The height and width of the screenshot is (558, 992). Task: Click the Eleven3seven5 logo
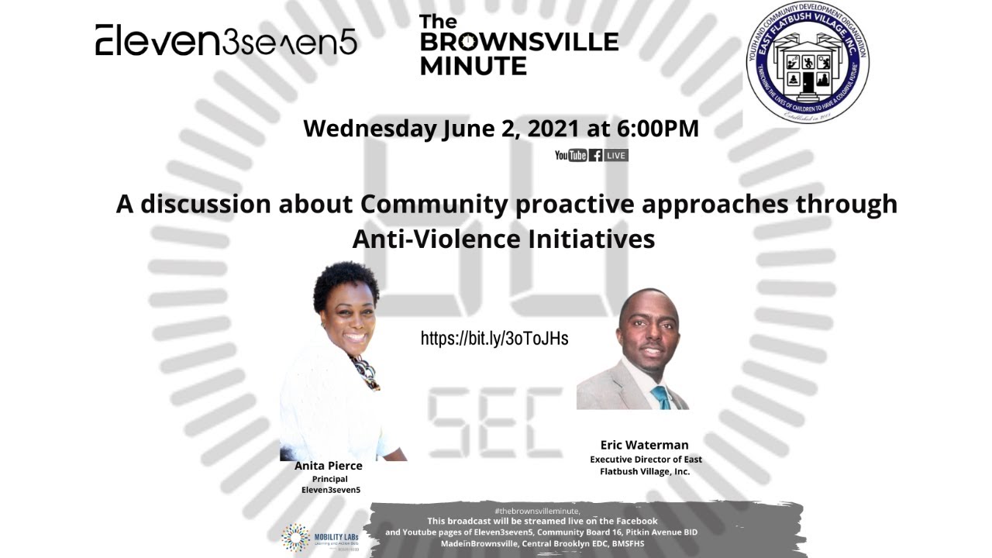tap(226, 40)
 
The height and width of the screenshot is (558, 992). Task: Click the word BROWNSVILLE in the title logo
tap(518, 43)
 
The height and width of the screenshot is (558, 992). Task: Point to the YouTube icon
tap(570, 155)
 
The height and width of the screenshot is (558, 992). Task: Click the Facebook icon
tap(595, 155)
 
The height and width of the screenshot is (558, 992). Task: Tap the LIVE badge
tap(616, 155)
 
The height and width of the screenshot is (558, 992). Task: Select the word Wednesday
tap(370, 128)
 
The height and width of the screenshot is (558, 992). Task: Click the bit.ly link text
tap(494, 339)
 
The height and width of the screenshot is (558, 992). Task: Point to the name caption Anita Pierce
tap(329, 466)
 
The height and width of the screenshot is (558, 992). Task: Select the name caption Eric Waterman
tap(644, 445)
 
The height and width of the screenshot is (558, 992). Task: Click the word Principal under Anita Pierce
tap(330, 479)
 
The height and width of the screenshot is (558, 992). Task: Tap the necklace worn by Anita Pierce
tap(365, 370)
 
